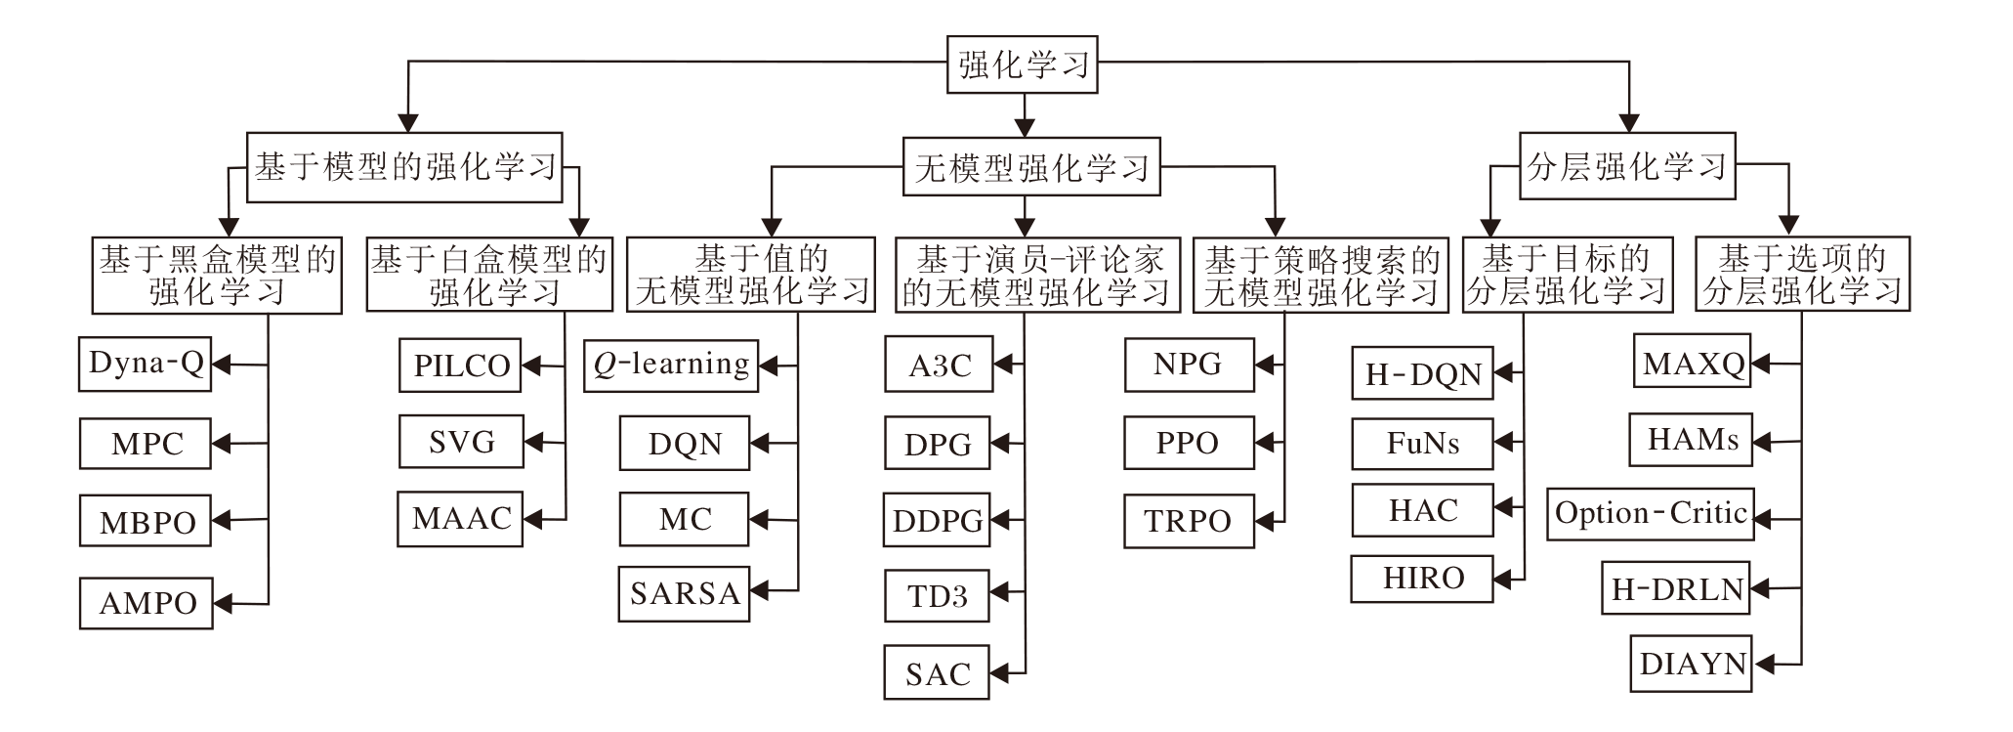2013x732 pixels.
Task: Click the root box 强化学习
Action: tap(1023, 65)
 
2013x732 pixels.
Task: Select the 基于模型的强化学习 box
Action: tap(404, 167)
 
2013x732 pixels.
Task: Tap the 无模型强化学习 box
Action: tap(1031, 167)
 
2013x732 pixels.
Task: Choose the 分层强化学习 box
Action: tap(1627, 166)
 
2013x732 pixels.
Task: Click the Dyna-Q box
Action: tap(146, 364)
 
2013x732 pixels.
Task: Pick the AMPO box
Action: tap(147, 603)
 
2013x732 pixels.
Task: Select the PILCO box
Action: tap(461, 366)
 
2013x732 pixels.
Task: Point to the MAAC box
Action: tap(461, 518)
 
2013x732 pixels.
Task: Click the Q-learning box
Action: tap(671, 365)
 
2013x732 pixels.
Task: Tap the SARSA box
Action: tap(684, 593)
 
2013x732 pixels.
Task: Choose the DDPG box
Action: tap(937, 520)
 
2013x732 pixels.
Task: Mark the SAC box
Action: tap(937, 673)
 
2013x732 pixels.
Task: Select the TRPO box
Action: tap(1188, 521)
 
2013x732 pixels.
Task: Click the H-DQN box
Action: tap(1422, 373)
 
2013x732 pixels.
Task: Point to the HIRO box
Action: tap(1422, 578)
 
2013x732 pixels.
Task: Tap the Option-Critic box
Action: tap(1650, 514)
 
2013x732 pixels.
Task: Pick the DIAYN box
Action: tap(1692, 664)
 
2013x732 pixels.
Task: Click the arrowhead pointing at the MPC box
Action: tap(222, 444)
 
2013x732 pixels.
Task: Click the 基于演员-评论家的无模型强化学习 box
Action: tap(1036, 276)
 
